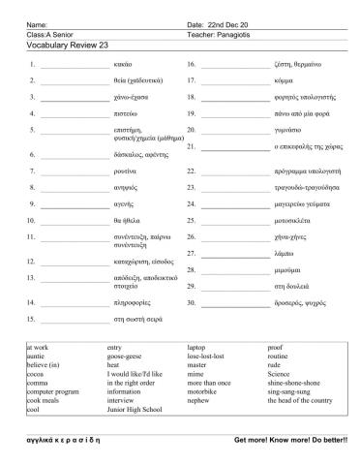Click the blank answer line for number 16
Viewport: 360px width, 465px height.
coord(231,67)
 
